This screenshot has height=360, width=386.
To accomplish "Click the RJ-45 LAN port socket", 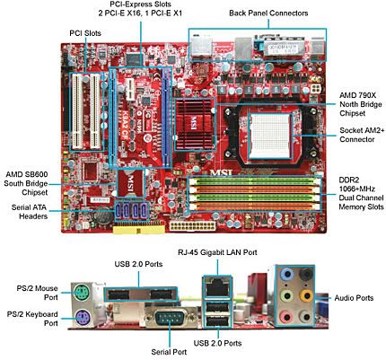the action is tap(217, 287).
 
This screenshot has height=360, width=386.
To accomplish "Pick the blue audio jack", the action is tap(286, 274).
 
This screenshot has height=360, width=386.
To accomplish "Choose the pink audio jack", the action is tap(286, 316).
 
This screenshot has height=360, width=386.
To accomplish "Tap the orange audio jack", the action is tap(306, 295).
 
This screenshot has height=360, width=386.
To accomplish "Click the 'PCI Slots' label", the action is tap(85, 33).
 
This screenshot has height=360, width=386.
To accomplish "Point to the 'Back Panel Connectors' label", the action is tap(268, 13).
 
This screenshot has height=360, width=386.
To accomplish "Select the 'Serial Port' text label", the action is tap(169, 352).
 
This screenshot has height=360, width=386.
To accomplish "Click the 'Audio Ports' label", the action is tap(354, 298).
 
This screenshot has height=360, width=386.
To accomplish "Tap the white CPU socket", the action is tap(270, 136).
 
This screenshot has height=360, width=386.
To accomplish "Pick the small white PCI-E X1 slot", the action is tap(130, 90).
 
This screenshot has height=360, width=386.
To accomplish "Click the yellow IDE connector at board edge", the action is tap(139, 230).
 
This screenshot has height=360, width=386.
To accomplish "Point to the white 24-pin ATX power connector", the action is tap(192, 226).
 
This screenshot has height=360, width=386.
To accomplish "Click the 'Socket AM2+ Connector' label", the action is tap(362, 135).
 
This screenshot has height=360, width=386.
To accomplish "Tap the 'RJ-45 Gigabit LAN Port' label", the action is tap(217, 252).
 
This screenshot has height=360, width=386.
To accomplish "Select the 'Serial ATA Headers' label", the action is tap(30, 212).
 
